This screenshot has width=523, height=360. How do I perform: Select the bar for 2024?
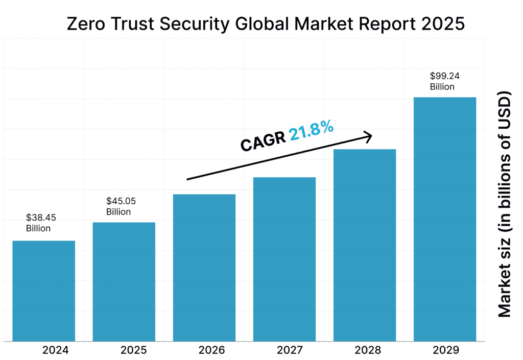[x=43, y=291]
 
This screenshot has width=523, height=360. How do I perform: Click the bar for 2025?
[x=124, y=281]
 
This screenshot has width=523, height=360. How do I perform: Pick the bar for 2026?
[x=204, y=268]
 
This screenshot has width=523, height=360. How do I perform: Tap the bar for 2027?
[x=284, y=259]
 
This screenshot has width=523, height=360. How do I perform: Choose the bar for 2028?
[x=365, y=245]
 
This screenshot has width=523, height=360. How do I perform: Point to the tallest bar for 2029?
[x=445, y=219]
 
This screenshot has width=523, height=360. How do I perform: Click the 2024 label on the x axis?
[x=55, y=350]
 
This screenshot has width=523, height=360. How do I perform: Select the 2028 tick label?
[x=368, y=350]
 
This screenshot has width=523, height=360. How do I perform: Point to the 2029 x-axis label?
[x=446, y=350]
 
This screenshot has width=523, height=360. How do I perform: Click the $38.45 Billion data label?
[x=38, y=223]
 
